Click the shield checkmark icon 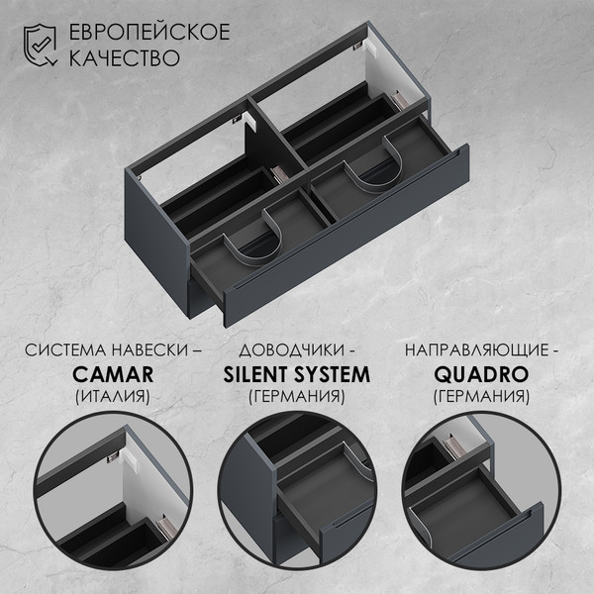coord(40,45)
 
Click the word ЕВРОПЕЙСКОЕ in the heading coord(149,31)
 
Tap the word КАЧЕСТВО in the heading coord(125,57)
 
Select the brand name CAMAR coord(113,374)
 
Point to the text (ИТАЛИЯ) coord(113,396)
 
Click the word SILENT coord(256,374)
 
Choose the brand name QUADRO coord(481,374)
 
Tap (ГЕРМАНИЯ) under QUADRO coord(481,396)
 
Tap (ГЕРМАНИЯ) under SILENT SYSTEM coord(297,396)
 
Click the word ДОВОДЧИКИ coord(291,350)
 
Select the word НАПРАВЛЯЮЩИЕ coord(477,350)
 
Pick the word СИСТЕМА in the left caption coord(66,350)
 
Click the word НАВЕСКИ coord(150,350)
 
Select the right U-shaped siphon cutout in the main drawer coord(374,165)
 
